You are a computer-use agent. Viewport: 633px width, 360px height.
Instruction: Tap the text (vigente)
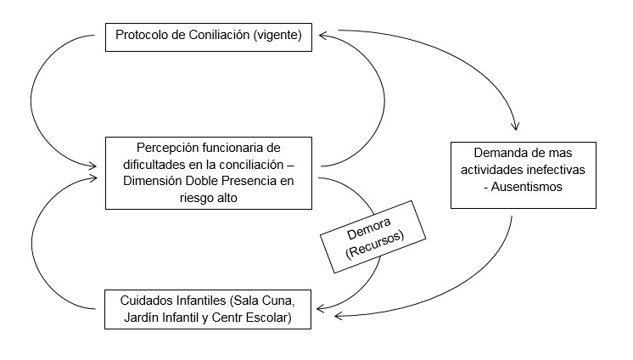pyautogui.click(x=277, y=35)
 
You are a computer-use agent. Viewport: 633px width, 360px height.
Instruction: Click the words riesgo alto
pyautogui.click(x=208, y=198)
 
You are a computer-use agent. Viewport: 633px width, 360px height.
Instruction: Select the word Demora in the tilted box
pyautogui.click(x=369, y=228)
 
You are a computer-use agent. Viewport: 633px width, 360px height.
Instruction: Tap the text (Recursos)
pyautogui.click(x=375, y=245)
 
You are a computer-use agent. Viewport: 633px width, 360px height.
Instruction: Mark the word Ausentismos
pyautogui.click(x=526, y=187)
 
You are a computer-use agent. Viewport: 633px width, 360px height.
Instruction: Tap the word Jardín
pyautogui.click(x=142, y=318)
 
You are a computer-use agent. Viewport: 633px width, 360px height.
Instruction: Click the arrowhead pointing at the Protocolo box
pyautogui.click(x=322, y=36)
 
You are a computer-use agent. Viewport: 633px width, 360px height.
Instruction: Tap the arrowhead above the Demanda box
pyautogui.click(x=515, y=126)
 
